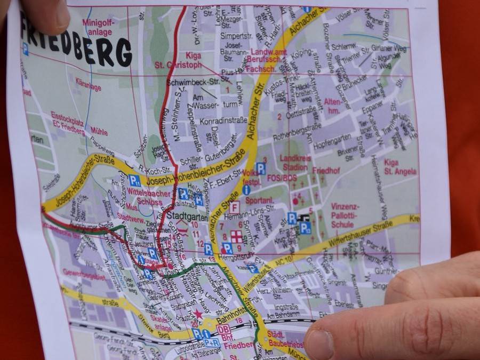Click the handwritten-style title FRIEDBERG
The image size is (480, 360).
(77, 43)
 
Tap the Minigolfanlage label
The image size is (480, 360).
(98, 27)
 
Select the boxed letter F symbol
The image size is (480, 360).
(235, 207)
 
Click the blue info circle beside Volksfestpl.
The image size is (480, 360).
(246, 189)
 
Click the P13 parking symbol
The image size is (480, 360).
(305, 228)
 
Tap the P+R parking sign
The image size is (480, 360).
(211, 342)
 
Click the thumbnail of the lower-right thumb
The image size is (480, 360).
(319, 341)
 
